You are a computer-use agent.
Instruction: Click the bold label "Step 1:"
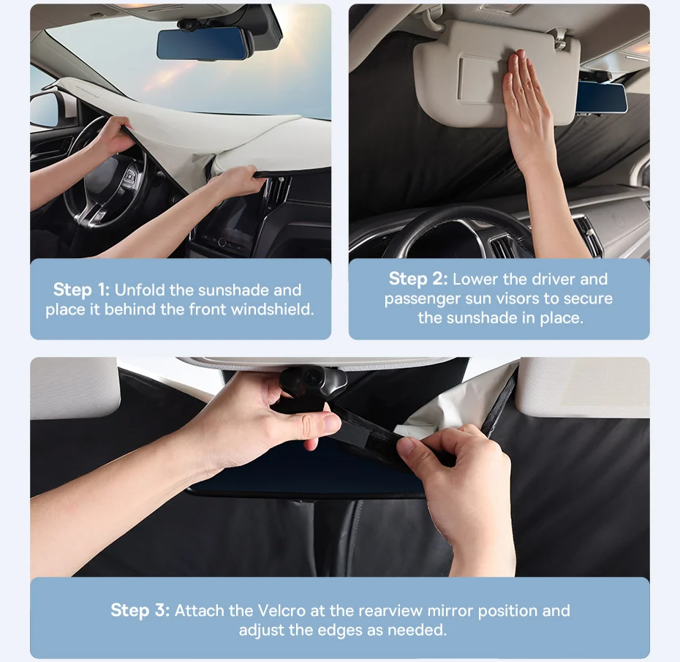[82, 290]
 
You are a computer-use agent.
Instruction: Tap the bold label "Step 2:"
[418, 279]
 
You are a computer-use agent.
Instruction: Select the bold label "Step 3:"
[140, 610]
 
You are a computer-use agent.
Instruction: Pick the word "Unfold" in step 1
[140, 290]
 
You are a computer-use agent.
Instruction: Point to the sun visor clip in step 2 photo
[560, 38]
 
